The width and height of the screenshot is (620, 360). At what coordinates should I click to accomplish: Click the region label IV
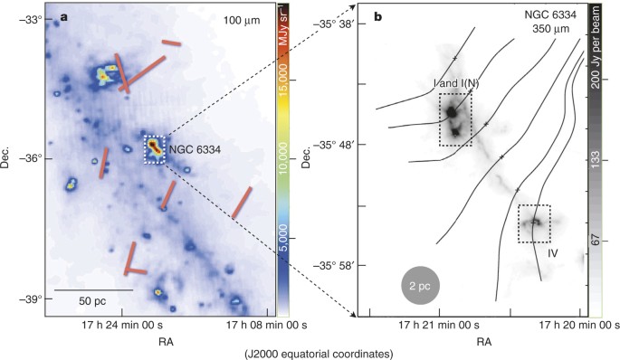pyautogui.click(x=552, y=254)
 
